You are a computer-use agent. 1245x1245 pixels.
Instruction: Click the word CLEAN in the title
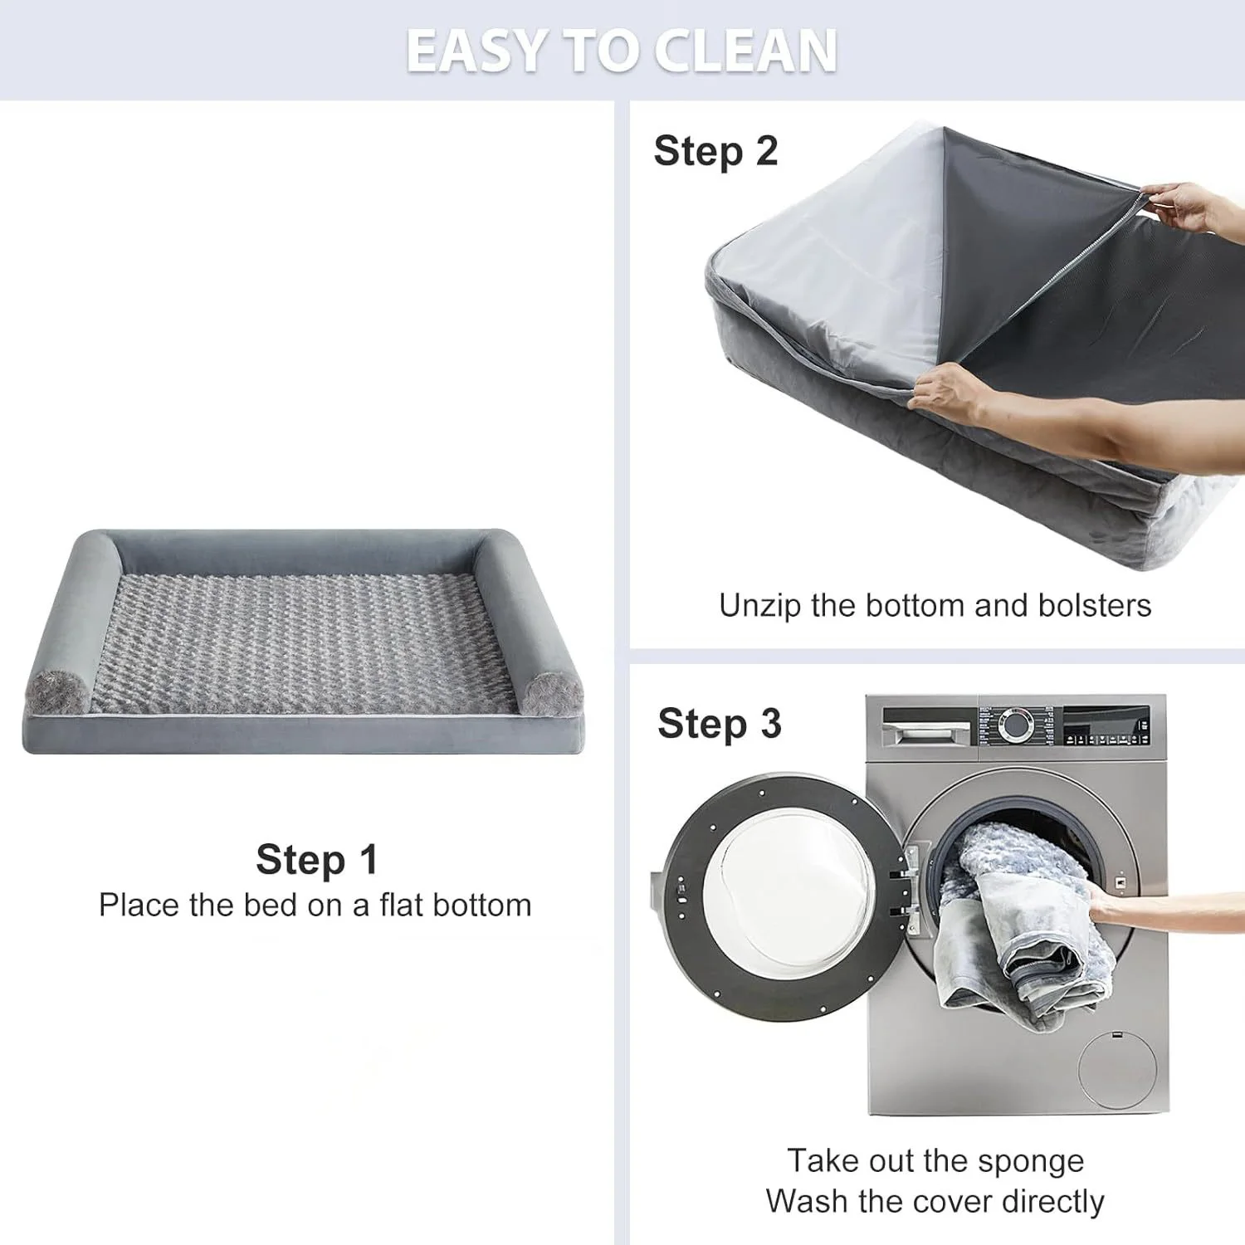[x=745, y=51]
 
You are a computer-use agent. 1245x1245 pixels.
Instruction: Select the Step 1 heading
[x=316, y=859]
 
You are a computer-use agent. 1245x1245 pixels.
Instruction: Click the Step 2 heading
[x=715, y=151]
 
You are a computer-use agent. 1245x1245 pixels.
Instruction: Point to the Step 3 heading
[x=719, y=724]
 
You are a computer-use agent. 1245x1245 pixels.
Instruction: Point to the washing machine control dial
[x=1015, y=724]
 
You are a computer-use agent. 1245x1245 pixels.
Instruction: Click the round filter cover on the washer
[x=1117, y=1069]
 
